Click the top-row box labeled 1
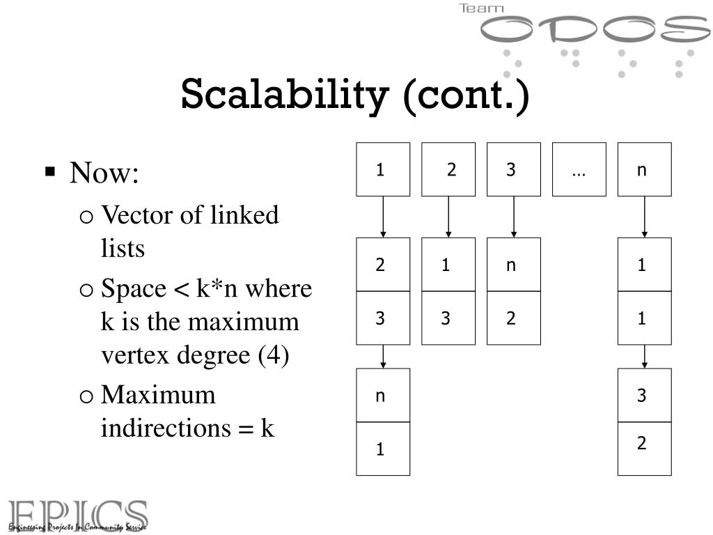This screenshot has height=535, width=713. pyautogui.click(x=383, y=169)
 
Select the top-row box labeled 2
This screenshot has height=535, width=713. pyautogui.click(x=448, y=169)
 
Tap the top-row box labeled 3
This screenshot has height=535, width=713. pyautogui.click(x=513, y=169)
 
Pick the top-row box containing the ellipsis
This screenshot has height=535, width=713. pyautogui.click(x=579, y=169)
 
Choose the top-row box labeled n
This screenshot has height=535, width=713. pyautogui.click(x=644, y=169)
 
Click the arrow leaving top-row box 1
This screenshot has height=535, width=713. pyautogui.click(x=383, y=217)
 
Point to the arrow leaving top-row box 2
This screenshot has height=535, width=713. pyautogui.click(x=448, y=217)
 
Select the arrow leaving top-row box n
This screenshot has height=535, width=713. pyautogui.click(x=644, y=217)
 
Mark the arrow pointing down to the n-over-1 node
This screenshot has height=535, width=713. pyautogui.click(x=383, y=356)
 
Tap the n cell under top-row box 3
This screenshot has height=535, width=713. pyautogui.click(x=513, y=265)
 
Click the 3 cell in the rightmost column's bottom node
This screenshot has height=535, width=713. pyautogui.click(x=644, y=396)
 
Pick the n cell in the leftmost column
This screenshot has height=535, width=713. pyautogui.click(x=383, y=396)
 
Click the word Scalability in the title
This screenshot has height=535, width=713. pyautogui.click(x=282, y=95)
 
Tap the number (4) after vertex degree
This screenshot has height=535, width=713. pyautogui.click(x=273, y=355)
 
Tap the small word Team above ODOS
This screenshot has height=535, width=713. pyautogui.click(x=481, y=9)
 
